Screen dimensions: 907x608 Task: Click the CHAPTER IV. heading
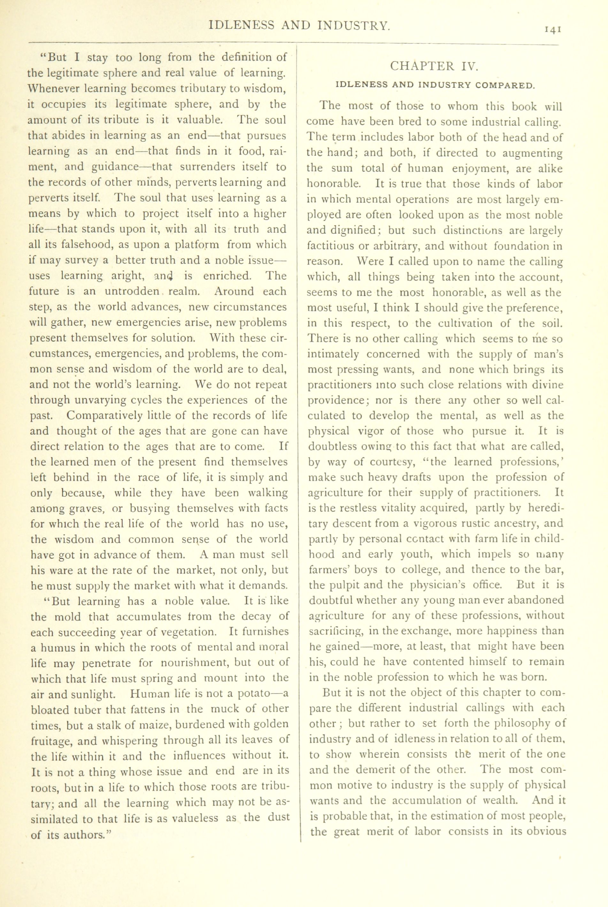tap(434, 66)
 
